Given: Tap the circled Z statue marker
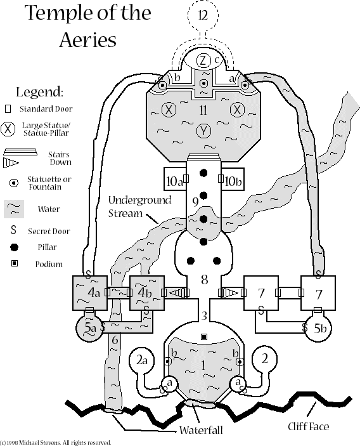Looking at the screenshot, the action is pyautogui.click(x=203, y=60).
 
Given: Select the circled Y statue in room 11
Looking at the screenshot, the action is pyautogui.click(x=203, y=131).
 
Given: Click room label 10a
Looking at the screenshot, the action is pyautogui.click(x=174, y=181).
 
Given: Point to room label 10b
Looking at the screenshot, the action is pyautogui.click(x=233, y=181).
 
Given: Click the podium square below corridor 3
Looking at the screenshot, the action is pyautogui.click(x=203, y=337).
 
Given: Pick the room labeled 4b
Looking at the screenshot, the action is pyautogui.click(x=147, y=292).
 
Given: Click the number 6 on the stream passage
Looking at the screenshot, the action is pyautogui.click(x=115, y=339).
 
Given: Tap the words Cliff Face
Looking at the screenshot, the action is pyautogui.click(x=308, y=426).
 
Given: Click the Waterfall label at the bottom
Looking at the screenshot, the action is pyautogui.click(x=201, y=430).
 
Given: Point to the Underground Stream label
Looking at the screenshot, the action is pyautogui.click(x=139, y=206).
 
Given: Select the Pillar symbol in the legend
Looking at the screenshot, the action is pyautogui.click(x=14, y=247).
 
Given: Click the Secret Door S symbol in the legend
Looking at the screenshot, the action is pyautogui.click(x=13, y=230).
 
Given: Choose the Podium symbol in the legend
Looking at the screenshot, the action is pyautogui.click(x=14, y=263).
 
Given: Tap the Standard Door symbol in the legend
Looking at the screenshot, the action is pyautogui.click(x=8, y=109).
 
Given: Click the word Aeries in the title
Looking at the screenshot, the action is pyautogui.click(x=88, y=39).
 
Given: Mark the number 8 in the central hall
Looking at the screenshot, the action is pyautogui.click(x=204, y=280).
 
